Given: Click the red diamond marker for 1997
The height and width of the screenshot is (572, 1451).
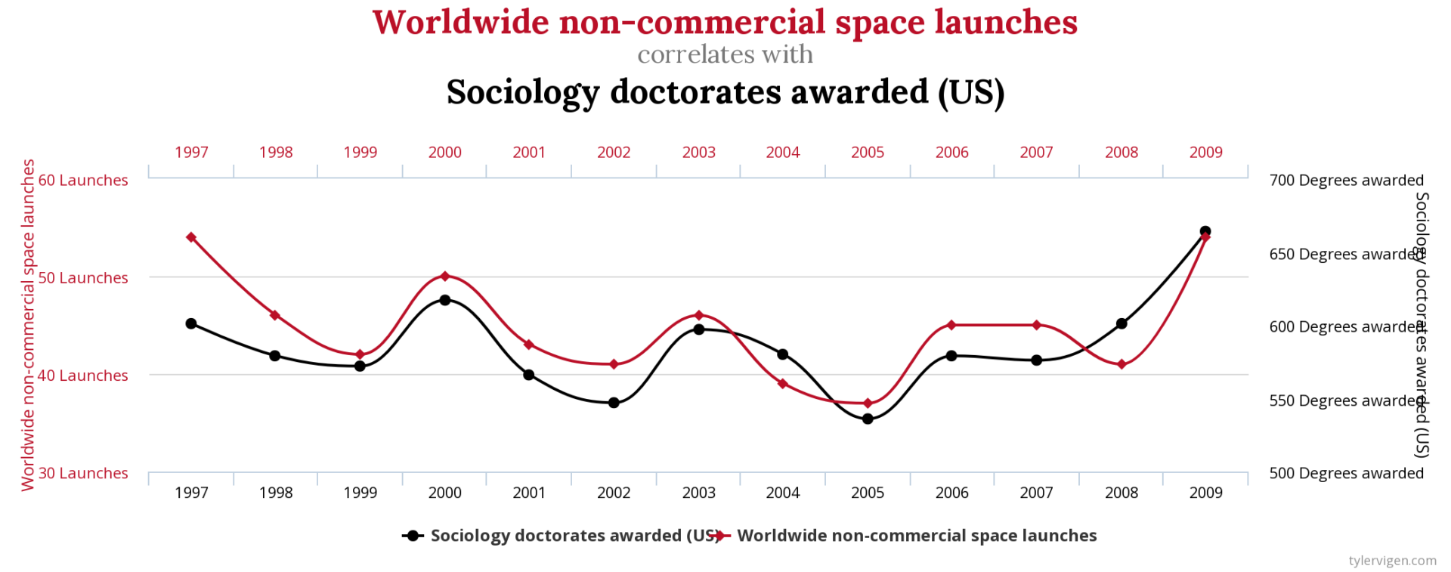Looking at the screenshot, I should [x=191, y=237].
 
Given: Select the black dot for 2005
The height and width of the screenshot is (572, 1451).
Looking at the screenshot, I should [x=868, y=419].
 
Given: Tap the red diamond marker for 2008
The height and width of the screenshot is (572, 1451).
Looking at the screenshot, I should [x=1122, y=364].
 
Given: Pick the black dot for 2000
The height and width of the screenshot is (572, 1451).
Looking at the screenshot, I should [x=445, y=300].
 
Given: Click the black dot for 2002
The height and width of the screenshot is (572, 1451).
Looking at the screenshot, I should [x=614, y=403].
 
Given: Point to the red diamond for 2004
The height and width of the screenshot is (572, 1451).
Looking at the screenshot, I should [x=783, y=384].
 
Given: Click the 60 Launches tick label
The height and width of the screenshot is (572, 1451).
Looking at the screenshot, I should [x=83, y=181].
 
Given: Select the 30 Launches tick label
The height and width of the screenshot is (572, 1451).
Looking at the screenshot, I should [x=83, y=473].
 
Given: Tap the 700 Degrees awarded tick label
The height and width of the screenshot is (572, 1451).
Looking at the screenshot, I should [x=1346, y=181].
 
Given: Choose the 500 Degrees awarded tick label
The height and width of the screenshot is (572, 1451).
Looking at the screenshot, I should [x=1346, y=473].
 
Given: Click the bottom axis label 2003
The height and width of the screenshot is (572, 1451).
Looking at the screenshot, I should [x=698, y=493].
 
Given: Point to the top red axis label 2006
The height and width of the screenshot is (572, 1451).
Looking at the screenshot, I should [x=951, y=153].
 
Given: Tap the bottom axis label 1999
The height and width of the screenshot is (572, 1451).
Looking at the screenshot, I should [x=360, y=493].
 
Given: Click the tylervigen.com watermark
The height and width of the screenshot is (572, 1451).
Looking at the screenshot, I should [x=1392, y=560].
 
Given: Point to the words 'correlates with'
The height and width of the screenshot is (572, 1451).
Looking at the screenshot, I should [x=725, y=54].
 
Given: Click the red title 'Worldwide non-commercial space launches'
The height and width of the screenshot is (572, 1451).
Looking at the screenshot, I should [x=725, y=22].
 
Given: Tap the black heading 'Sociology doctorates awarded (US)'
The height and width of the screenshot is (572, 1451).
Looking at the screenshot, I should [x=725, y=92].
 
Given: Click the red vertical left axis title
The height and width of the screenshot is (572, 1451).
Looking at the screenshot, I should [x=28, y=325].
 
